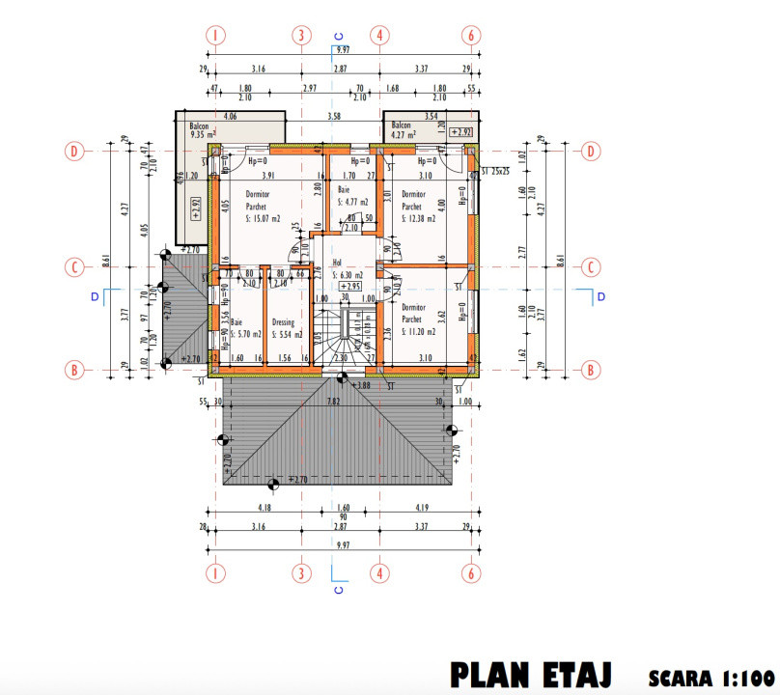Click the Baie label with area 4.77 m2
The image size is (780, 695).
pos(349,198)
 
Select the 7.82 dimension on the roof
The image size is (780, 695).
pos(334,401)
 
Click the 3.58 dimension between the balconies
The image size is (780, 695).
pos(334,117)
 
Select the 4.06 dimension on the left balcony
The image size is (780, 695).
pos(230,117)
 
